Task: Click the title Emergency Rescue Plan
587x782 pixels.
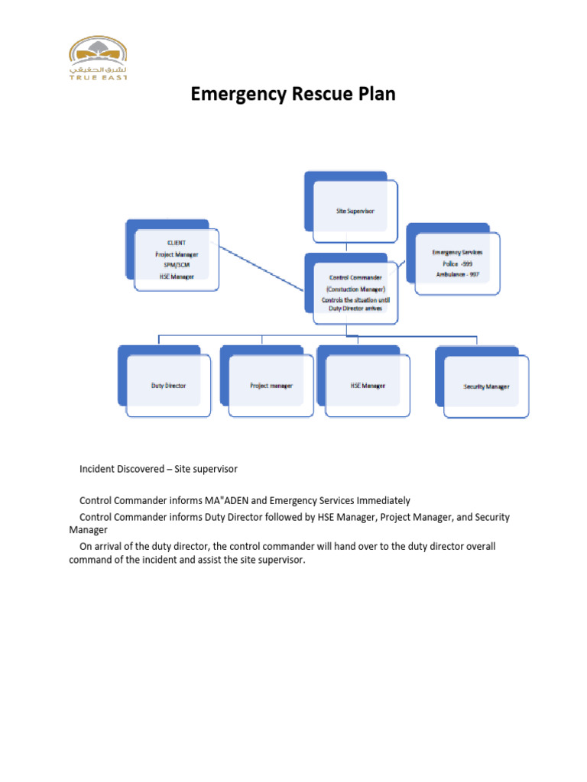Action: point(293,95)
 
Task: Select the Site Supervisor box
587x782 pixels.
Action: point(355,210)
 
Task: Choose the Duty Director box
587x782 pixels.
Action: point(168,386)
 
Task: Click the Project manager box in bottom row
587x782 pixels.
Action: point(271,386)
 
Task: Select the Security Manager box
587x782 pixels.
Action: point(486,386)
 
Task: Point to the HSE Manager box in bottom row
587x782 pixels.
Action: point(368,386)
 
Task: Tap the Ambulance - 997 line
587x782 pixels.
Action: point(457,273)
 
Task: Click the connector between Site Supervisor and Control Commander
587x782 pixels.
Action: point(348,247)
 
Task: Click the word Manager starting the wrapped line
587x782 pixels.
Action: point(88,529)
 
